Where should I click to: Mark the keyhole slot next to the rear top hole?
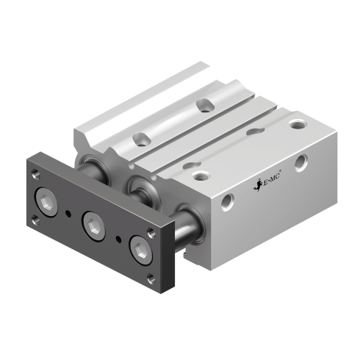pos(253,132)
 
